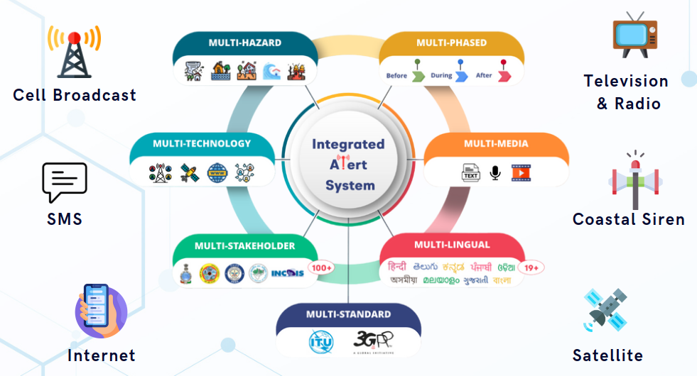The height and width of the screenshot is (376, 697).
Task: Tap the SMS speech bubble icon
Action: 64,182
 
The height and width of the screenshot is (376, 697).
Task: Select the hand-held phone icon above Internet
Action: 99,310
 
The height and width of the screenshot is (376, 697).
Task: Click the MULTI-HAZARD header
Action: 244,43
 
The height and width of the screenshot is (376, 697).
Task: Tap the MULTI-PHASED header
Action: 451,43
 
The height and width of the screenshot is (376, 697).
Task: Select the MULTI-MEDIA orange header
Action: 496,144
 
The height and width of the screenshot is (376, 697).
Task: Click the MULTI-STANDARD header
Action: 348,314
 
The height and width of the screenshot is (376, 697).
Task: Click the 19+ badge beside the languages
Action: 531,268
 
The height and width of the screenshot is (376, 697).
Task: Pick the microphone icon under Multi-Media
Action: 495,172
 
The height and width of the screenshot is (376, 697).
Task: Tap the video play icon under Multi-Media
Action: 522,172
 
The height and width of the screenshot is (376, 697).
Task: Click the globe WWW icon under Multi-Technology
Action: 217,172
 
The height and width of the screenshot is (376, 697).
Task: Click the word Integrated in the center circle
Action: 348,144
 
